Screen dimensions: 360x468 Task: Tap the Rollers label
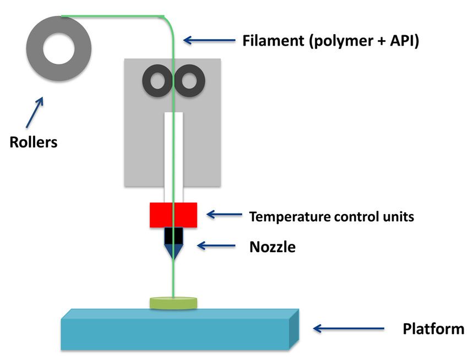pyautogui.click(x=34, y=143)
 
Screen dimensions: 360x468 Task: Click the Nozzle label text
pyautogui.click(x=272, y=247)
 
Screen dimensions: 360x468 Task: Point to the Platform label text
pyautogui.click(x=433, y=330)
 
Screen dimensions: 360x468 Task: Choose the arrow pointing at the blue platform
pyautogui.click(x=348, y=329)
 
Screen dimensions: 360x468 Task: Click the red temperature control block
pyautogui.click(x=173, y=215)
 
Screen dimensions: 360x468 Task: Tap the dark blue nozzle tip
pyautogui.click(x=174, y=251)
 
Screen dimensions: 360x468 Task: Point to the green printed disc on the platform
pyautogui.click(x=173, y=302)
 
